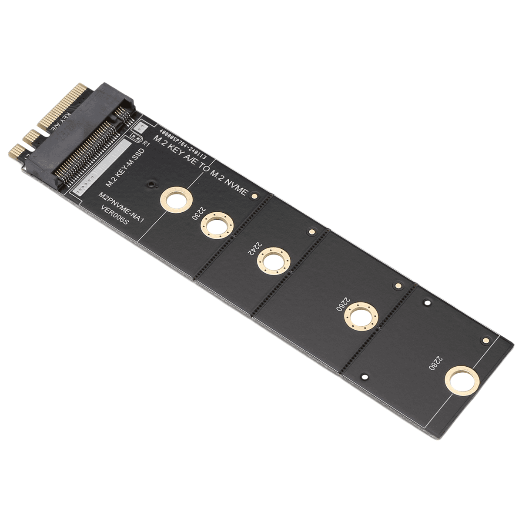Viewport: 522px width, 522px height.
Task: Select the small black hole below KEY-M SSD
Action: coord(151,185)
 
